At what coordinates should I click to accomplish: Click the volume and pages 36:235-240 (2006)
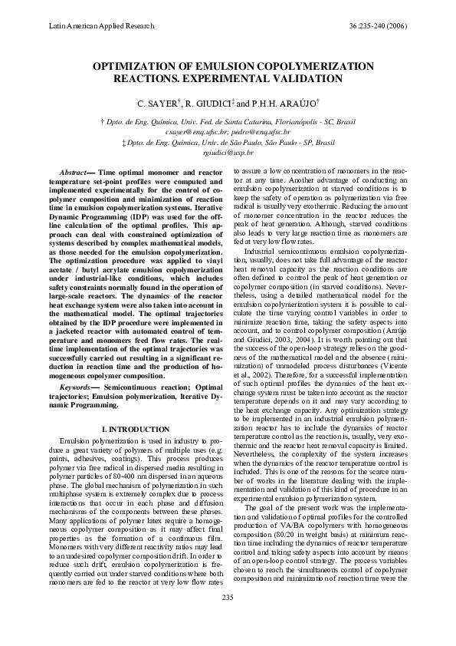(x=378, y=25)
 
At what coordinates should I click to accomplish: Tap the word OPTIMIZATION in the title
(x=145, y=67)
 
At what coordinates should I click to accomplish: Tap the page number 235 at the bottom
(x=228, y=618)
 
